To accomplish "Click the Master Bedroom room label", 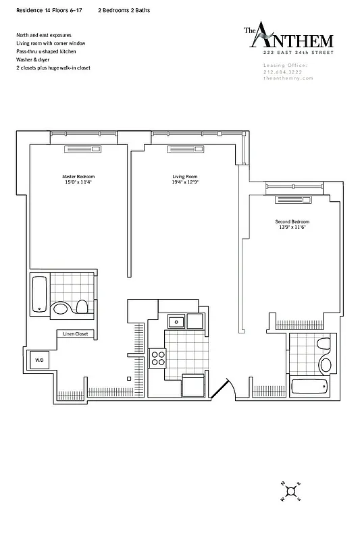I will tap(78, 176).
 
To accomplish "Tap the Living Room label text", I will tap(184, 176).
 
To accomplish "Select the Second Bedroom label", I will tap(292, 222).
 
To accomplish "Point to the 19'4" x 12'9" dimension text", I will tap(184, 182).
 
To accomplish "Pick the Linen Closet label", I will tap(76, 334).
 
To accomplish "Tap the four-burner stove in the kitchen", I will tap(158, 358).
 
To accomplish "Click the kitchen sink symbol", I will tap(176, 321).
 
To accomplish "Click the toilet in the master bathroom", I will tap(82, 308).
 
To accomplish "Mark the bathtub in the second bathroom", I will tap(309, 387).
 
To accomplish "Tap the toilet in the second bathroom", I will tap(325, 346).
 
